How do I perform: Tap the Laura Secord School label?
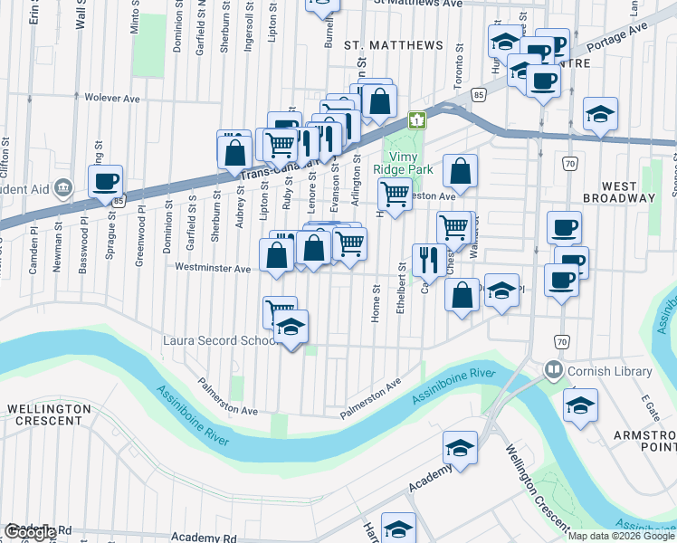(218, 341)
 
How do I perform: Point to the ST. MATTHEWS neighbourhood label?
(394, 45)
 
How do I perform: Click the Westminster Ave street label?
(213, 269)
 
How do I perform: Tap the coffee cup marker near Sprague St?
(106, 181)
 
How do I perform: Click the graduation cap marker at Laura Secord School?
(291, 327)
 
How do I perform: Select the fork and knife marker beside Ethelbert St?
(425, 260)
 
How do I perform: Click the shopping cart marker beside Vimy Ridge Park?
(395, 193)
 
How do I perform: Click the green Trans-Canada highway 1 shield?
(416, 119)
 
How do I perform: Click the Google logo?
(31, 532)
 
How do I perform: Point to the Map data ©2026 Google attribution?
(621, 536)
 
